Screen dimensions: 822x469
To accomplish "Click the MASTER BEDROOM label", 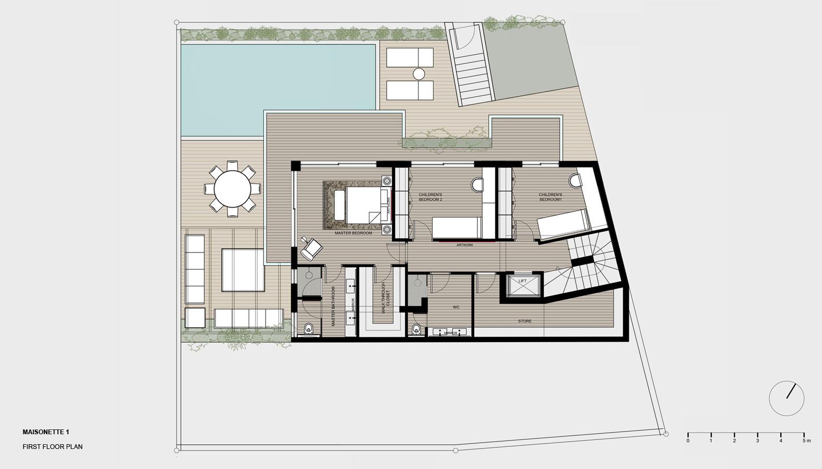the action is [x=354, y=233].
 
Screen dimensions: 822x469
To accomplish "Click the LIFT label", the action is [x=523, y=281].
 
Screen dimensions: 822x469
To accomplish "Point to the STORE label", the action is [x=525, y=321].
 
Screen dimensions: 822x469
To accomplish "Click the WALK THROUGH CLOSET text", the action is [x=385, y=298].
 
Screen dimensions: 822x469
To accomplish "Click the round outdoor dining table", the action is [x=232, y=189].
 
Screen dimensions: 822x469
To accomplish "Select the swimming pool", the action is [x=279, y=90].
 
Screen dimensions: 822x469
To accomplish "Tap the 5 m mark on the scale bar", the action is [x=804, y=441].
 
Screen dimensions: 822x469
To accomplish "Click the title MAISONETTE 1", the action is [x=46, y=432].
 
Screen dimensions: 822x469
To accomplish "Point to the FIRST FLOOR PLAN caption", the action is [x=53, y=447].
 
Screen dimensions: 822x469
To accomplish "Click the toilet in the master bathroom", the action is [x=308, y=329].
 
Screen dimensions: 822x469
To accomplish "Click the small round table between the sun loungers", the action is [x=419, y=74].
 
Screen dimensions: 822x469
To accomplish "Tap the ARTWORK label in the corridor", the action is [x=465, y=245].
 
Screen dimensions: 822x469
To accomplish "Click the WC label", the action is [x=456, y=307].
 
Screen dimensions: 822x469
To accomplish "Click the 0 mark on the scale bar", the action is [x=688, y=441].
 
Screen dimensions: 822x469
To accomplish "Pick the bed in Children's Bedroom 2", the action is [x=456, y=228].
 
